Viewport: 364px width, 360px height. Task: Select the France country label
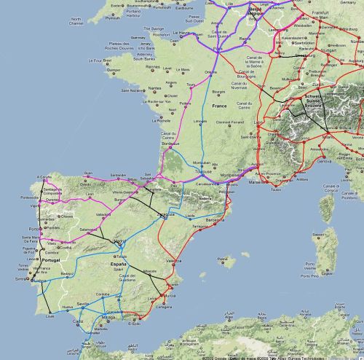pos(219,106)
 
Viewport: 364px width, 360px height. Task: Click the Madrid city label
pos(119,241)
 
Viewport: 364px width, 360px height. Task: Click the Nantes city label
pos(154,88)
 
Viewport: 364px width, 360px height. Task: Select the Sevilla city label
pos(82,302)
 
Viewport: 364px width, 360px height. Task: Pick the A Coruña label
pos(44,177)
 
